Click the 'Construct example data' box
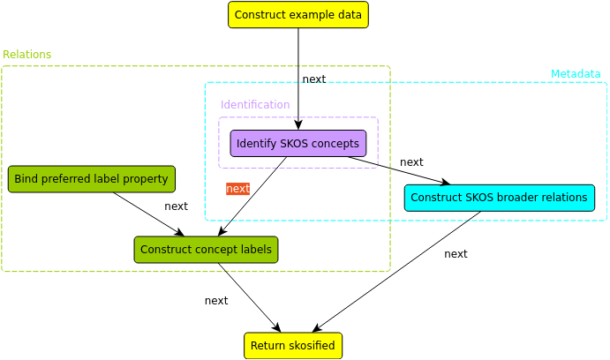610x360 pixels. point(298,15)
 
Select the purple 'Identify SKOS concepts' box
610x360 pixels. point(298,144)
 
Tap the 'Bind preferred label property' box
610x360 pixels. point(92,179)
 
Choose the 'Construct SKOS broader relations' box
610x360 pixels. point(500,198)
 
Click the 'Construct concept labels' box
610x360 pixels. point(207,250)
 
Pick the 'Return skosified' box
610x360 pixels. point(293,346)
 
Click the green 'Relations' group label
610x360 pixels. point(26,55)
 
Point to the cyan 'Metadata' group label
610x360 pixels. point(576,74)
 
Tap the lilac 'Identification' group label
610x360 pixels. point(255,105)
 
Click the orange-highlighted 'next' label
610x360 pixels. point(237,189)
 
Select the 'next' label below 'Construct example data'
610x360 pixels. point(314,79)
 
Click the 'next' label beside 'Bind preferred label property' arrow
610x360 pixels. point(176,206)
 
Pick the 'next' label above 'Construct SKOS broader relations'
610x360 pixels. point(411,162)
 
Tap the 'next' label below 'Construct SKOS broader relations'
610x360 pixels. point(456,254)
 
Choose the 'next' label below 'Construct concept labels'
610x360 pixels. point(216,301)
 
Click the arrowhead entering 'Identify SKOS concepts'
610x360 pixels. point(298,125)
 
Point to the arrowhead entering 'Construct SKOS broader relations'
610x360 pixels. point(446,182)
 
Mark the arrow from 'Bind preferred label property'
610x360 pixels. point(148,214)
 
